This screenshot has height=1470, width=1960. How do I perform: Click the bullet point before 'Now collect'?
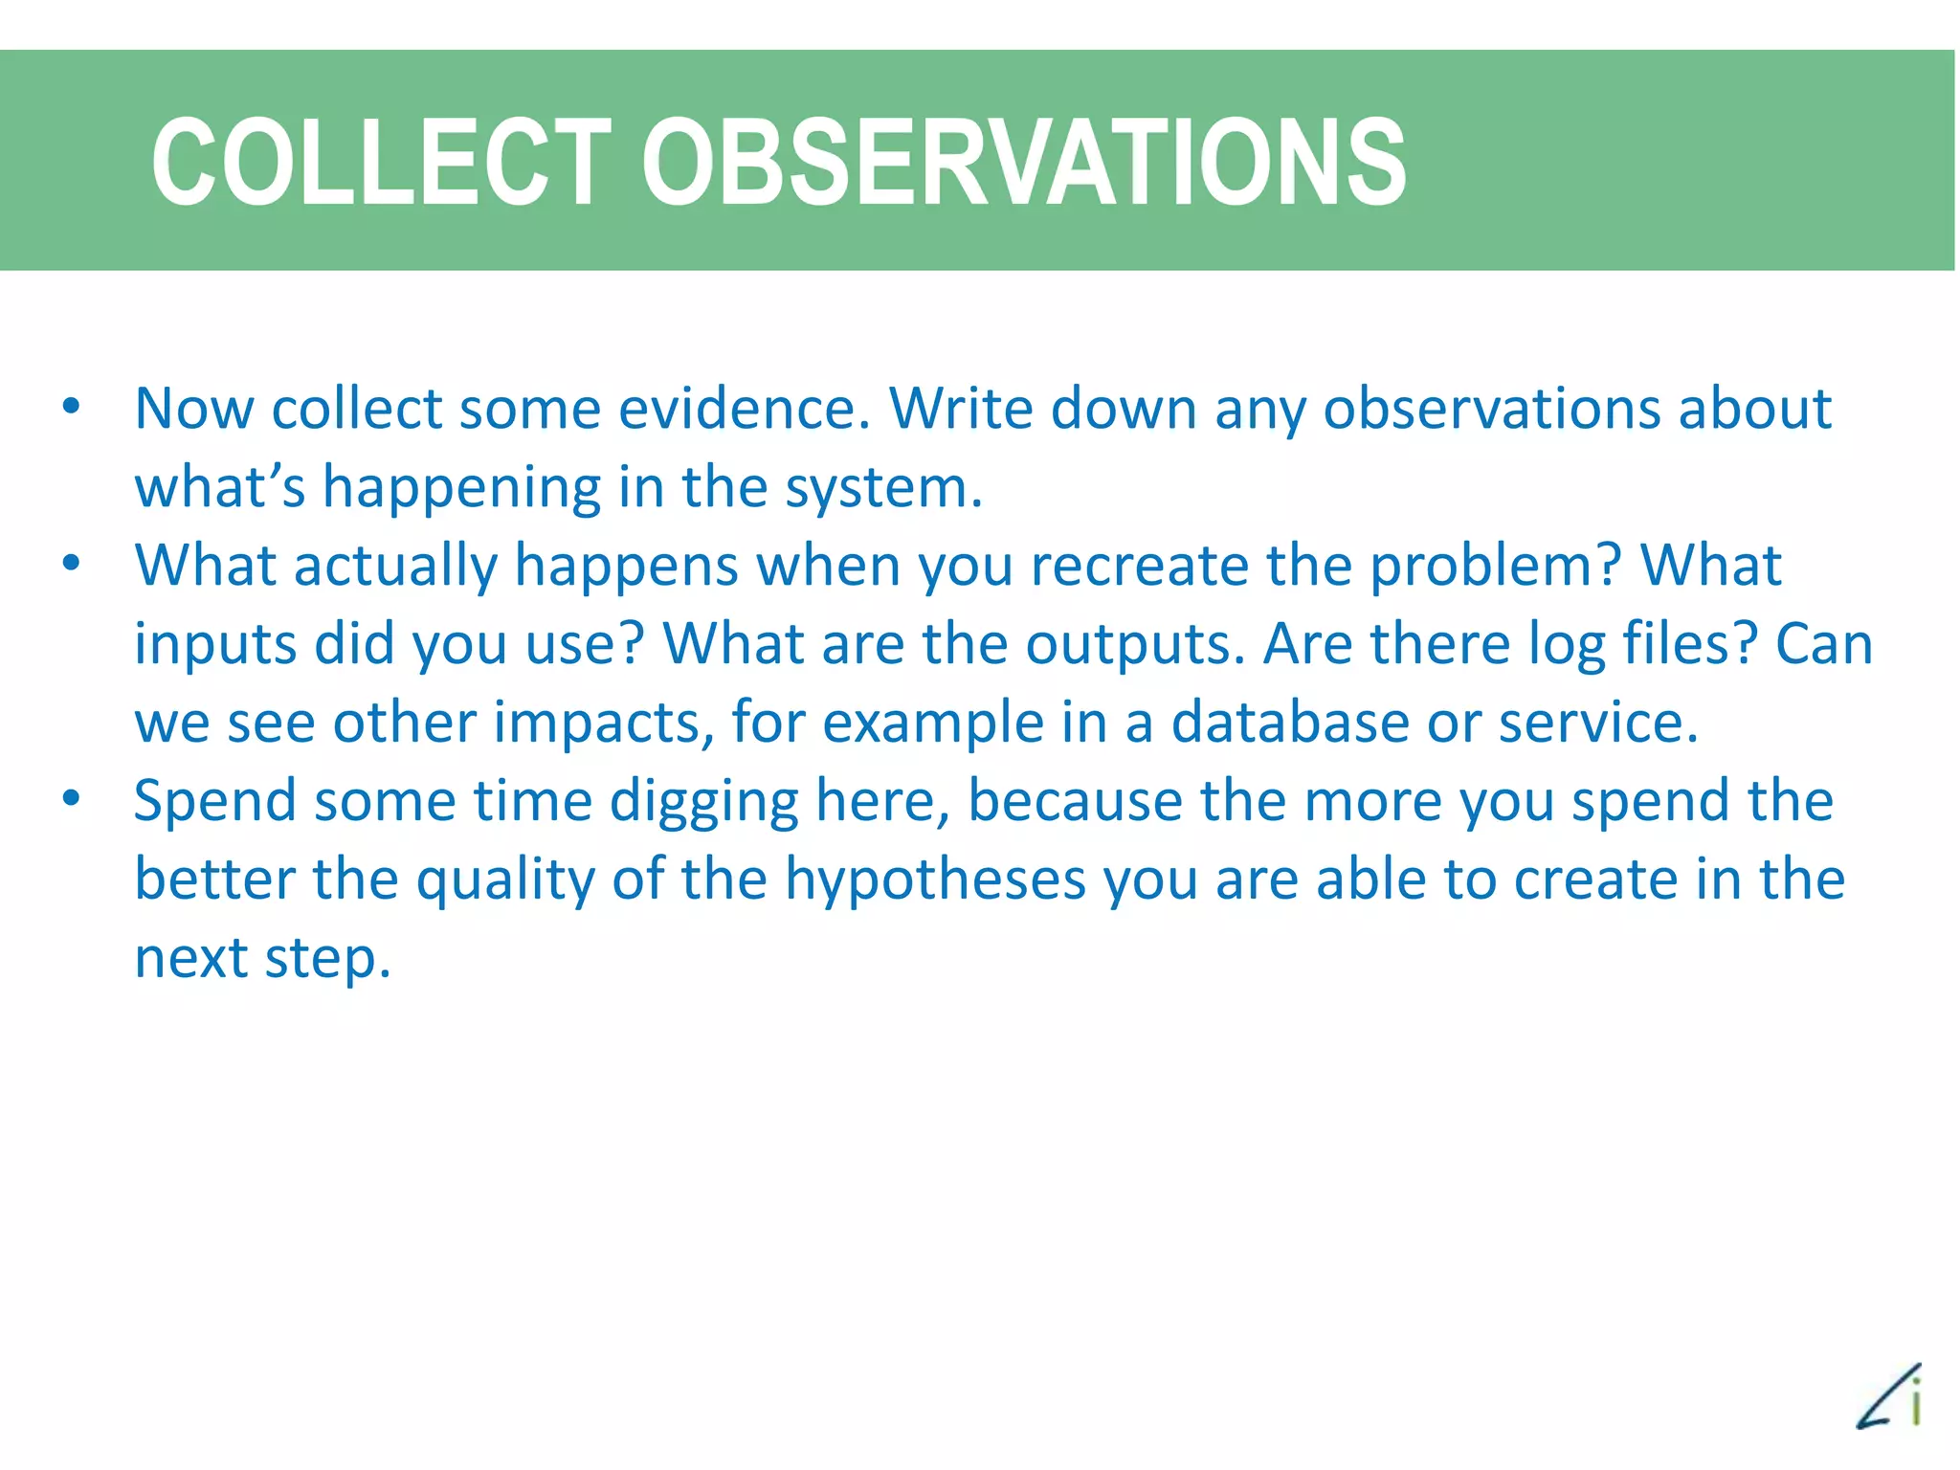pos(71,407)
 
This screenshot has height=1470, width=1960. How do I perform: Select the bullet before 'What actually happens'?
pos(71,563)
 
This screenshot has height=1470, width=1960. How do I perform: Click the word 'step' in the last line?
pos(326,960)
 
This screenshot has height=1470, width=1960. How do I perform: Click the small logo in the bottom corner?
pos(1889,1396)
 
